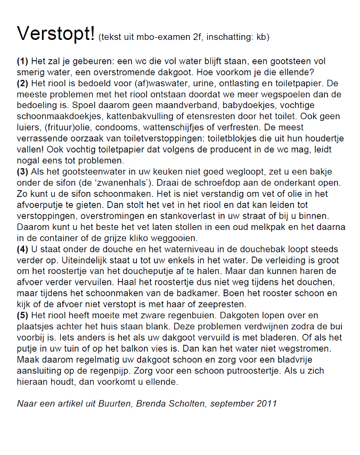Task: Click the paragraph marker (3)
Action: (x=22, y=171)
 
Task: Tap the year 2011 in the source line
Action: (x=266, y=403)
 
